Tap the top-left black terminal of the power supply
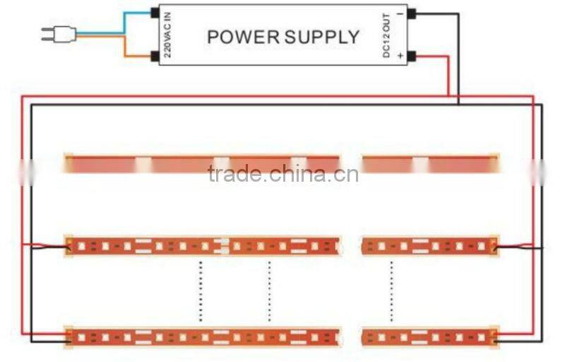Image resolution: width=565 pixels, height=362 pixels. click(x=155, y=13)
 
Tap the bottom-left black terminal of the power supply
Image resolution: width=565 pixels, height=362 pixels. click(x=155, y=56)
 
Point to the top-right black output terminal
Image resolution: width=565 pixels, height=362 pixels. click(x=411, y=13)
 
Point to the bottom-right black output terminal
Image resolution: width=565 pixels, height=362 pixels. click(x=411, y=56)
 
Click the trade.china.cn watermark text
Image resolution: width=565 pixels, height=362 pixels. click(x=283, y=174)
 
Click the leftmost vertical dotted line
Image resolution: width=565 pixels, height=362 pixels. click(x=200, y=291)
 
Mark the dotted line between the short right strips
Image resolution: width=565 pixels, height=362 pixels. click(x=391, y=291)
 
